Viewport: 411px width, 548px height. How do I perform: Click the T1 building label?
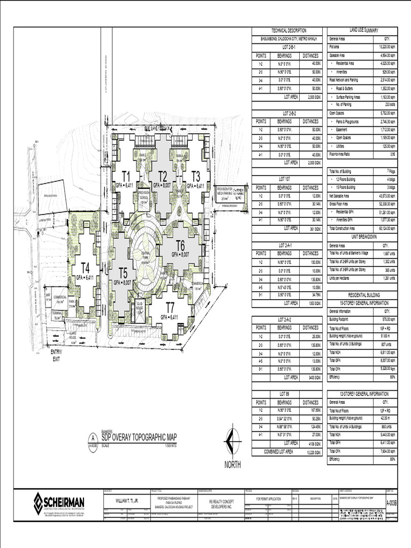tap(127, 176)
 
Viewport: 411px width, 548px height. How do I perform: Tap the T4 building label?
tap(85, 268)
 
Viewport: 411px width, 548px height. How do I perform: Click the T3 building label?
tap(196, 176)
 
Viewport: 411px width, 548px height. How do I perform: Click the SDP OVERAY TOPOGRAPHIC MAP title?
tap(139, 437)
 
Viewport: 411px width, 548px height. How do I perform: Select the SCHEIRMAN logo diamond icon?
tap(38, 504)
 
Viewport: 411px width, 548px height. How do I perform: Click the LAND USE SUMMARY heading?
tap(364, 31)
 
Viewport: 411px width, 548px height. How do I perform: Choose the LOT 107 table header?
tap(287, 179)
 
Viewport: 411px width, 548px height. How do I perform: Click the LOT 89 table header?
tap(287, 394)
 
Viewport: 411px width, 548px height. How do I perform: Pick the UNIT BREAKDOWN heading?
tap(364, 237)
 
